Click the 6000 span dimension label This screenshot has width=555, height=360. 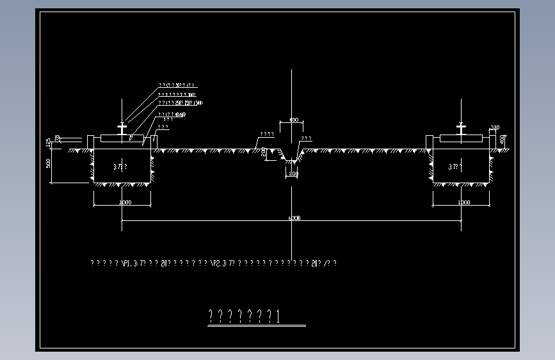(x=294, y=218)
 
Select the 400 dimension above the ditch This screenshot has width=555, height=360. (x=294, y=120)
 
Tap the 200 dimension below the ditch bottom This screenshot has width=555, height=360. (x=293, y=174)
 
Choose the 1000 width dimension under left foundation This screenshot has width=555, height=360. (x=124, y=202)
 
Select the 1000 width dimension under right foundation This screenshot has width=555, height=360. (x=463, y=202)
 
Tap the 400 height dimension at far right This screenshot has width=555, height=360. (x=503, y=138)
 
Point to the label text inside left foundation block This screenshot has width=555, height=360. (x=120, y=167)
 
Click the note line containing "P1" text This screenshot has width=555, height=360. (x=214, y=263)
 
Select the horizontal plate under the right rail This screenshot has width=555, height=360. (x=461, y=139)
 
